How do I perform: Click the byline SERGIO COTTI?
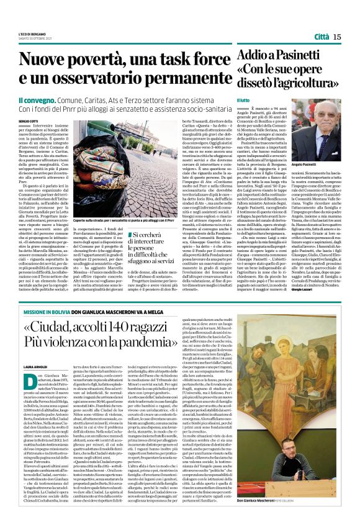(x=28, y=121)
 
